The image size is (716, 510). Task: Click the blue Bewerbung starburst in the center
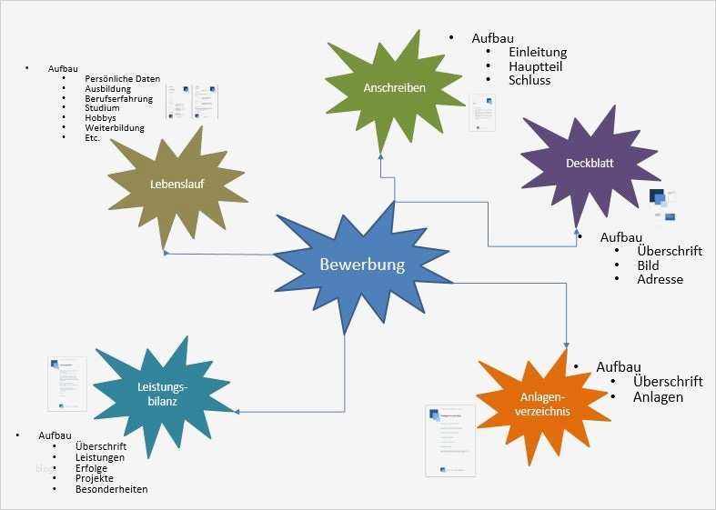coord(362,265)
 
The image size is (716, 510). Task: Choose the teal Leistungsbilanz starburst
coord(156,394)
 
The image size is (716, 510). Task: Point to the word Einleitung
coord(538,52)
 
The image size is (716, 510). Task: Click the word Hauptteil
coord(535,66)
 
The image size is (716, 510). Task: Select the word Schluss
coord(529,80)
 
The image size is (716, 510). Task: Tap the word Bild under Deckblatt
coord(649,265)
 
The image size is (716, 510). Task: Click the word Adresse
coord(660,280)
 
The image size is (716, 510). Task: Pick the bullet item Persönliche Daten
coord(123,79)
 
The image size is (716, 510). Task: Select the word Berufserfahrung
coord(119,98)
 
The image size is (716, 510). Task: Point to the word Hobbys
coord(101,118)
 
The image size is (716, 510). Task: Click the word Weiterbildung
coord(115,128)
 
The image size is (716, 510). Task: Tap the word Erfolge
coord(92,468)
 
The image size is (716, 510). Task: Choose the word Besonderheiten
coord(112,489)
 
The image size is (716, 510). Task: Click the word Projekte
coord(95,478)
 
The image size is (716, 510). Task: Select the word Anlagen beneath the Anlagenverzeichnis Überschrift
coord(658,397)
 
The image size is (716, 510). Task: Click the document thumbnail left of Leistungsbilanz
coord(67,384)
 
